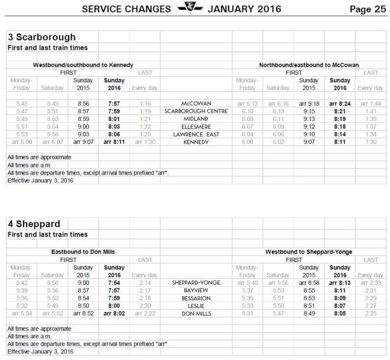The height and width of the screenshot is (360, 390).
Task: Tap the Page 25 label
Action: click(368, 9)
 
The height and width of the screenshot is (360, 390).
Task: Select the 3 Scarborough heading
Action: click(41, 38)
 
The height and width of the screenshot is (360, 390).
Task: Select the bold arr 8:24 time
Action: click(340, 103)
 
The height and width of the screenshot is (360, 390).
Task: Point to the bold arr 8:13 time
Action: click(340, 283)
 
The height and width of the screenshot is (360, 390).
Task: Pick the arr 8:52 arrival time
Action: click(83, 313)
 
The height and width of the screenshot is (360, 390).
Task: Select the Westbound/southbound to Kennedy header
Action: click(83, 64)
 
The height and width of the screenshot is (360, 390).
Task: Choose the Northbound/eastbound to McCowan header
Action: click(309, 64)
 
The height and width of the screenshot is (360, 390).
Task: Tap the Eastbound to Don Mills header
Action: click(83, 252)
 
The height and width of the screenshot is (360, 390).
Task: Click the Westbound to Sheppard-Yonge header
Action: click(309, 252)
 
